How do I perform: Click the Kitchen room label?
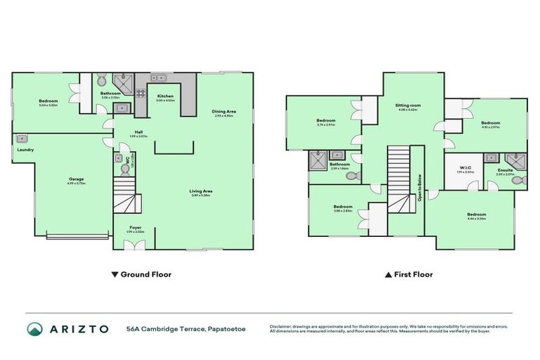165,96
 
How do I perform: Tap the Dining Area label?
224,112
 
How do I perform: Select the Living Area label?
200,191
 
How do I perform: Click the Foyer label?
134,228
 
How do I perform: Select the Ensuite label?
506,169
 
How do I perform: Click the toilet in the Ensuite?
520,181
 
